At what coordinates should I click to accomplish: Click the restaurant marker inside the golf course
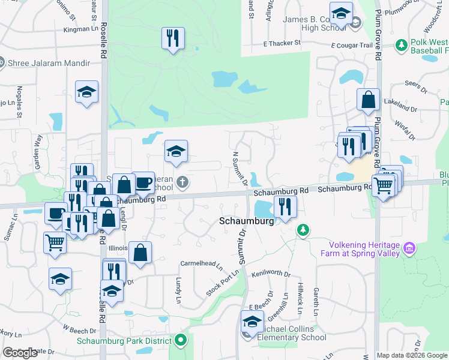click(173, 39)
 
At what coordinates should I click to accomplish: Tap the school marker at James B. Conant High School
click(341, 13)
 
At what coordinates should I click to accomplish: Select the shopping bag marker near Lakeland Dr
click(368, 100)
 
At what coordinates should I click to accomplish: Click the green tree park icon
click(304, 230)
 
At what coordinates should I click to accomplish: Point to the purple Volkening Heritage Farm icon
click(409, 247)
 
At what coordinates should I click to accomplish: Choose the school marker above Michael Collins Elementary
click(252, 322)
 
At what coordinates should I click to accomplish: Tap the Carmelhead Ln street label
click(201, 263)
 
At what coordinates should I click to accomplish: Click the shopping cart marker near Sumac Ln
click(55, 243)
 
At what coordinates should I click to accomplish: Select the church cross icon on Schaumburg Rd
click(182, 181)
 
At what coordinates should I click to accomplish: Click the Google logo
click(20, 353)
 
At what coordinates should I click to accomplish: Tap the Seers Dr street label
click(414, 84)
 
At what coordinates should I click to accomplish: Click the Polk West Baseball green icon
click(401, 46)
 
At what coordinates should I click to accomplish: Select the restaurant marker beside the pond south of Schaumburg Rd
click(285, 207)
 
